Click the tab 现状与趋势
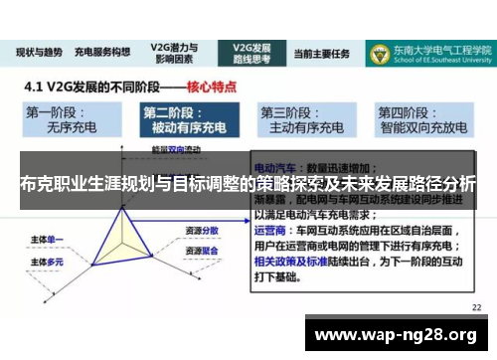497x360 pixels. [x=41, y=52]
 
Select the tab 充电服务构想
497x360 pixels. [x=103, y=52]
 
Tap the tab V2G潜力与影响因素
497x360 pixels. [x=174, y=52]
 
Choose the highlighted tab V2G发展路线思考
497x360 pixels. [x=252, y=52]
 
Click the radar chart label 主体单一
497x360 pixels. [x=50, y=239]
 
